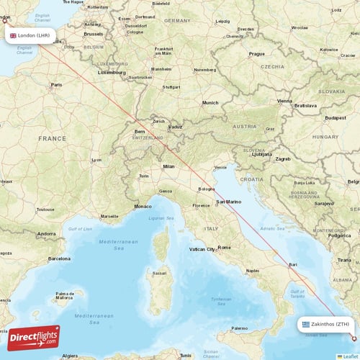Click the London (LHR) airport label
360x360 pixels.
[x=30, y=35]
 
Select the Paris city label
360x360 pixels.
[x=56, y=85]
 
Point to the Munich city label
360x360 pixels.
[x=210, y=103]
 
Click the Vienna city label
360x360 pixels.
[x=285, y=102]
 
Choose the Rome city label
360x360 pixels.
[x=225, y=247]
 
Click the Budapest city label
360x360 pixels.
[x=336, y=117]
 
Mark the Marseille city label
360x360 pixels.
[x=109, y=216]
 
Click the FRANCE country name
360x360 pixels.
[x=52, y=138]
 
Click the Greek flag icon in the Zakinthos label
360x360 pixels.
[x=306, y=324]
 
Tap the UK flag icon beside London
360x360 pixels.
[x=13, y=35]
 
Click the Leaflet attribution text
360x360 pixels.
[x=348, y=356]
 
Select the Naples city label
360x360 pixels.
[x=252, y=271]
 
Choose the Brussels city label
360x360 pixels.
[x=93, y=34]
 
